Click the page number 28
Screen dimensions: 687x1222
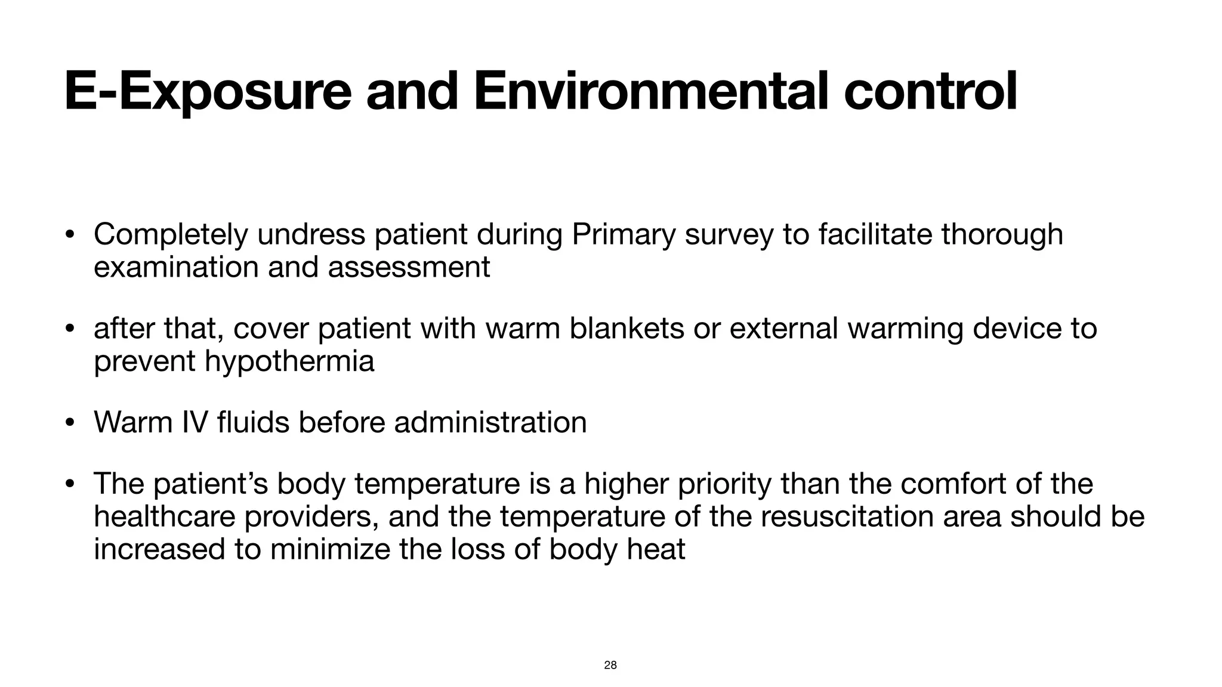(x=610, y=665)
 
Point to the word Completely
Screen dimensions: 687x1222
(x=170, y=234)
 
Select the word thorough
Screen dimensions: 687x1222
(x=1002, y=234)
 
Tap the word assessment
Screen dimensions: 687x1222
(x=409, y=267)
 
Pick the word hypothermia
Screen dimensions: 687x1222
(x=289, y=361)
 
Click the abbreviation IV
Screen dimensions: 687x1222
(x=195, y=422)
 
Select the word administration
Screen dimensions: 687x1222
(x=490, y=422)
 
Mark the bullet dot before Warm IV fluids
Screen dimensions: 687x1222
(x=70, y=423)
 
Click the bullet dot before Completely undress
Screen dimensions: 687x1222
(x=70, y=235)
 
